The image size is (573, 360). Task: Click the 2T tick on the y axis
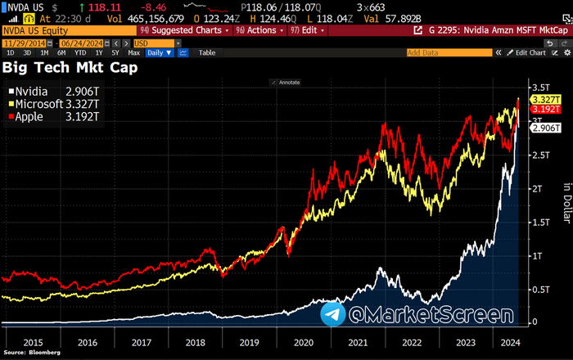click(538, 189)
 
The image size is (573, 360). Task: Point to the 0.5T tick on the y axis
click(539, 289)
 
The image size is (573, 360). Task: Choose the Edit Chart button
click(526, 52)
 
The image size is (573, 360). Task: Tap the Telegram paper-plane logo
click(332, 314)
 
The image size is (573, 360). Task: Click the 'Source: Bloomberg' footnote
click(29, 355)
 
